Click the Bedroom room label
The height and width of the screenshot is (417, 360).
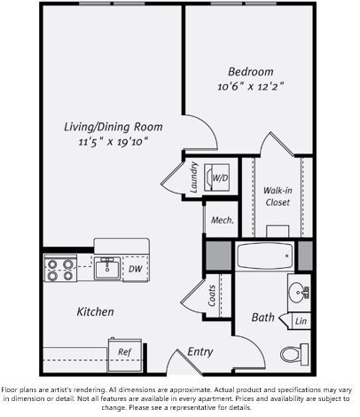point(250,72)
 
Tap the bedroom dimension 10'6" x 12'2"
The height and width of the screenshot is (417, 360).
point(250,87)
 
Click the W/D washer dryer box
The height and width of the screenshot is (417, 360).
point(218,177)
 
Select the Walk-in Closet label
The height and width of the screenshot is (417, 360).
point(278,195)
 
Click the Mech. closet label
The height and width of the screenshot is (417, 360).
point(222,220)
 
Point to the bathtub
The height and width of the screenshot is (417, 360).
point(265,256)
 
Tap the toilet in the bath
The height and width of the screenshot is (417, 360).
point(293,354)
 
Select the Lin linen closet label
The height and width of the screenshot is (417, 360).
point(301,321)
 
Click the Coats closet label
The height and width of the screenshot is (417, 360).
point(212,296)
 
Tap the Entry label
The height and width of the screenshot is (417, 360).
point(200,352)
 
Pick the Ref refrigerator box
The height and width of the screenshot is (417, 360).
point(124,351)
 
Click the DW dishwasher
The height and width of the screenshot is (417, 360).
point(135,269)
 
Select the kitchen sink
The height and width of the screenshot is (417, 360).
point(109,267)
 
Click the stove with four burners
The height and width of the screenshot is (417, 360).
point(60,269)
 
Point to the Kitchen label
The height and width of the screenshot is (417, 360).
point(95,312)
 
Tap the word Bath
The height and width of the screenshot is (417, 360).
point(262,317)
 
